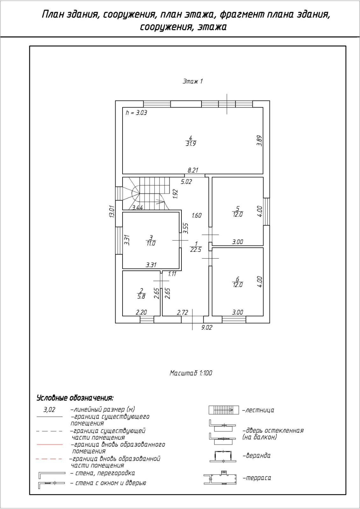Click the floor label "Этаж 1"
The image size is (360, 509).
click(193, 81)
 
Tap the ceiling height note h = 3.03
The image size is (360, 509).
click(136, 113)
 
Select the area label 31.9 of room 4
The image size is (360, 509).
click(191, 143)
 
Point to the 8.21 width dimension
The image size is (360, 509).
click(193, 171)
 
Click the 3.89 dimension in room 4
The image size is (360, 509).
click(259, 141)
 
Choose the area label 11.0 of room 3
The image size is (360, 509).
click(151, 243)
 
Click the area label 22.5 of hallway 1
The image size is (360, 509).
click(196, 250)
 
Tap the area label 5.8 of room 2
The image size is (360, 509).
click(141, 296)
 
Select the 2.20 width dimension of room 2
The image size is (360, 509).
click(141, 312)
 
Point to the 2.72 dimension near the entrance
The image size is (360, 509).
click(182, 312)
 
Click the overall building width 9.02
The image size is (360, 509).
click(207, 328)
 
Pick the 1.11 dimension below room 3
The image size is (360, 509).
click(172, 274)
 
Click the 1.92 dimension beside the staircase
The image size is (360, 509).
click(175, 194)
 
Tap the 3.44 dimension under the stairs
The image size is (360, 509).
click(138, 208)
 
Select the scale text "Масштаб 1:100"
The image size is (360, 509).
click(191, 373)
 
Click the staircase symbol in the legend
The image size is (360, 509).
click(223, 410)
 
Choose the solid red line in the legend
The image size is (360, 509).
click(50, 444)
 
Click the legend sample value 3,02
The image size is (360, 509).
click(49, 410)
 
